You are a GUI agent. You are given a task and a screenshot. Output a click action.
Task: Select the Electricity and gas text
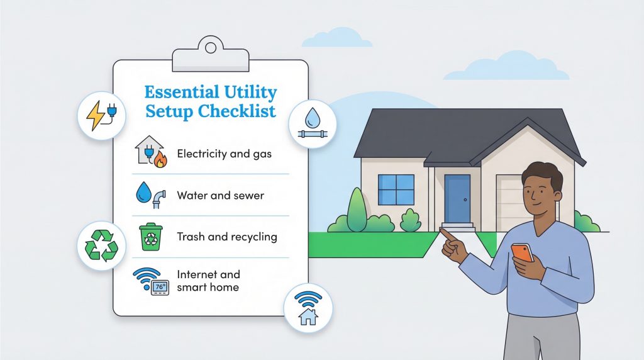tap(224, 154)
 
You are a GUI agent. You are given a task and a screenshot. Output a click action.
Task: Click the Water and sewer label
tap(220, 195)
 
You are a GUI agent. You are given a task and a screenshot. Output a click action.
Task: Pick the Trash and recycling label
tap(227, 237)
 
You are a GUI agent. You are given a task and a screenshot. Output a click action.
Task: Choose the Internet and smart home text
tap(208, 281)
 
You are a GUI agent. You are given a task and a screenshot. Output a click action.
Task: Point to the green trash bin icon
tap(151, 237)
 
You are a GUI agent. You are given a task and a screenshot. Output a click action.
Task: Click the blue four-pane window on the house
tap(396, 190)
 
